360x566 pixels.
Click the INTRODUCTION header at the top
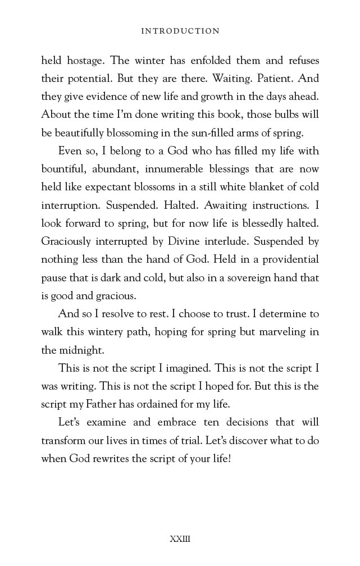180,31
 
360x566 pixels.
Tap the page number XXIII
180,539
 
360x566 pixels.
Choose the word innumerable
180,169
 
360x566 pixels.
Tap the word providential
285,259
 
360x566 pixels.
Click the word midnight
81,350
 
